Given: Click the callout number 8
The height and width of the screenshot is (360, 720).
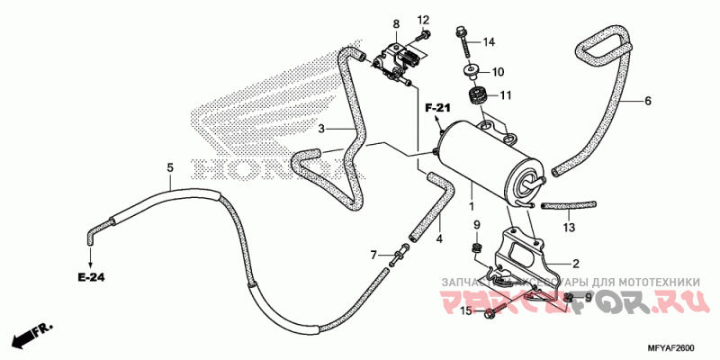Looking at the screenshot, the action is click(x=395, y=22).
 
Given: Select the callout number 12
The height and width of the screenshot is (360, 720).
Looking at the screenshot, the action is click(x=424, y=20).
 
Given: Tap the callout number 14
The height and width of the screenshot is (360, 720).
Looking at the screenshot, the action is click(x=489, y=42).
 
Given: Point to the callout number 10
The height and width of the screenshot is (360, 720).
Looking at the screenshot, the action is click(x=498, y=72).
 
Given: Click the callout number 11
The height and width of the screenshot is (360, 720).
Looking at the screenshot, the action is click(x=505, y=94).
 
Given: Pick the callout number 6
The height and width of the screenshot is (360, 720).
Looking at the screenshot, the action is click(x=647, y=101).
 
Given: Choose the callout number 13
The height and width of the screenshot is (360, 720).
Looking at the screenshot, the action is click(x=569, y=228).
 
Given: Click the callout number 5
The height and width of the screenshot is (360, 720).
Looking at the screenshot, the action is click(x=169, y=167).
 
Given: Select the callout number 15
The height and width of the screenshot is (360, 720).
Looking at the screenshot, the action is click(x=466, y=311).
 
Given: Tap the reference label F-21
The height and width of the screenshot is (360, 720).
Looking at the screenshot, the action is click(x=437, y=108).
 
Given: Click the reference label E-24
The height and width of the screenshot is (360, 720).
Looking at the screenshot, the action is click(x=90, y=276).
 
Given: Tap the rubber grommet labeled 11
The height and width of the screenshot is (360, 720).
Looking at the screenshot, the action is click(x=476, y=94).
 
